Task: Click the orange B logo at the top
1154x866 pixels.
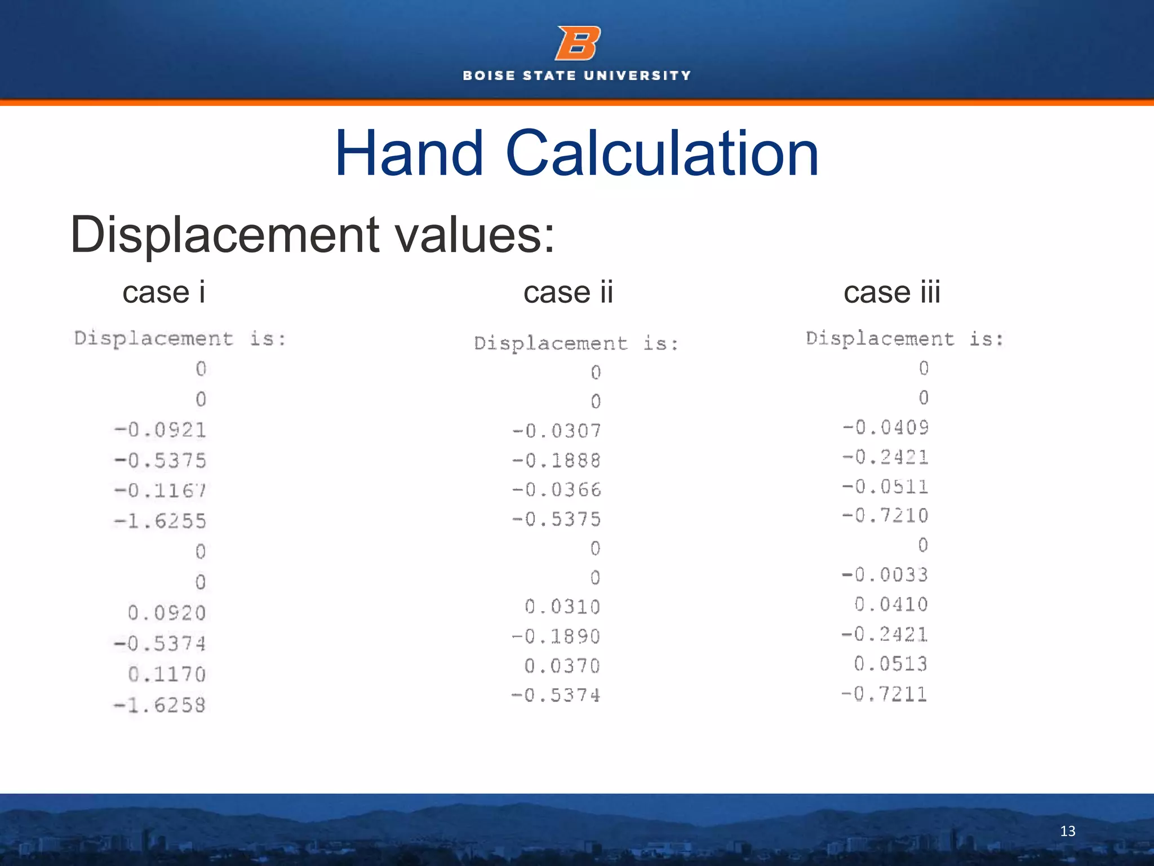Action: click(578, 43)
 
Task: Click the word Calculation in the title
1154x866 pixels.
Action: click(662, 153)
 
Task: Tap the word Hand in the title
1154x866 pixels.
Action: click(409, 153)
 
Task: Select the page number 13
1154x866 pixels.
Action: click(1067, 831)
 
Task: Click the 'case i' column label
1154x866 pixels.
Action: click(164, 293)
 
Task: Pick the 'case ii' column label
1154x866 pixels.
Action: click(568, 293)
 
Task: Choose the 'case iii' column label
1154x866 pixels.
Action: click(892, 293)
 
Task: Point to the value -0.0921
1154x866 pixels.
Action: click(161, 430)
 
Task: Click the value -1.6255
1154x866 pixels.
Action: click(161, 521)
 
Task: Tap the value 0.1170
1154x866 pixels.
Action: click(167, 674)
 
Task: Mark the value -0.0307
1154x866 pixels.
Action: click(557, 431)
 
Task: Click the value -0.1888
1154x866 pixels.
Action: click(557, 461)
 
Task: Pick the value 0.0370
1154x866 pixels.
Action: click(562, 666)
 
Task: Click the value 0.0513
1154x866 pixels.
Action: click(891, 664)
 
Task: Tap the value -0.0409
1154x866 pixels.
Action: click(886, 427)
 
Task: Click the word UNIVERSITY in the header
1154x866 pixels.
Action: click(637, 76)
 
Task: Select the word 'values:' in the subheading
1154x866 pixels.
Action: click(475, 235)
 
